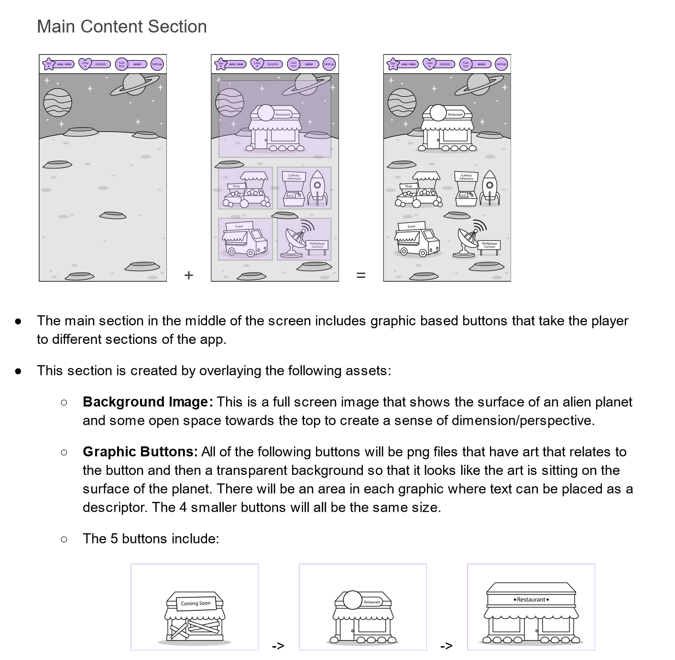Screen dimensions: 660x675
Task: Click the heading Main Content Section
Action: click(122, 27)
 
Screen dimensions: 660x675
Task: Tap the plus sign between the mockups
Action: click(189, 275)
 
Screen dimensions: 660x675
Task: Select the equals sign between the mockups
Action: click(361, 275)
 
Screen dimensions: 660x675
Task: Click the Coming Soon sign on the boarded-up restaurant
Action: click(196, 603)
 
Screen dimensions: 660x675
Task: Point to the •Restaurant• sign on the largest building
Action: click(531, 599)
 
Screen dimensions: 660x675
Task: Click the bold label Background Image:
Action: click(148, 402)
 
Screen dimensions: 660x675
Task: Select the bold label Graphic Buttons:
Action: click(140, 451)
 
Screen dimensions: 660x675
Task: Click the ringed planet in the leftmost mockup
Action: click(134, 84)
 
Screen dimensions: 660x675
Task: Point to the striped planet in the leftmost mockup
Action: click(58, 102)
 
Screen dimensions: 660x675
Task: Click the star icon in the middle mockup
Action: click(221, 64)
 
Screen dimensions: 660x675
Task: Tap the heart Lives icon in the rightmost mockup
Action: click(429, 64)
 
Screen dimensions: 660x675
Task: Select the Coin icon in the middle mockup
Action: click(294, 64)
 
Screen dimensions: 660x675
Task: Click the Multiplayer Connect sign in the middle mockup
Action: click(317, 244)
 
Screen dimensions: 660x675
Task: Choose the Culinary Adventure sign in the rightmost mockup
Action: click(466, 176)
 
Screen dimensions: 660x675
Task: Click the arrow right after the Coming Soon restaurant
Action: click(278, 646)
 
